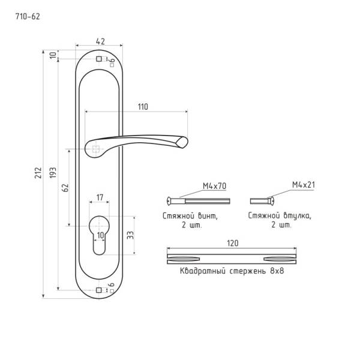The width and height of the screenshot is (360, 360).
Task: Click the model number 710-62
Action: (28, 17)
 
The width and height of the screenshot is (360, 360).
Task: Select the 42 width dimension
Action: (100, 41)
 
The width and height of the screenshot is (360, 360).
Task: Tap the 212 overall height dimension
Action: (38, 173)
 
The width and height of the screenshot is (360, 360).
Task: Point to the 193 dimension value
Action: (53, 173)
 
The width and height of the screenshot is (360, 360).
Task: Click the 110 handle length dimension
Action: (143, 107)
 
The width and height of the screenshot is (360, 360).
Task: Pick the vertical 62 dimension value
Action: (65, 188)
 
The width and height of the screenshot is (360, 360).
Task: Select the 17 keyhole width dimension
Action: (100, 197)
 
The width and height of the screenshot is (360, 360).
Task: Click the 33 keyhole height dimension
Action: (130, 235)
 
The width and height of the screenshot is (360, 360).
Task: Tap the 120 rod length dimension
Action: (233, 243)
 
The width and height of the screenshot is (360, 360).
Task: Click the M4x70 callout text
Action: (214, 186)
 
